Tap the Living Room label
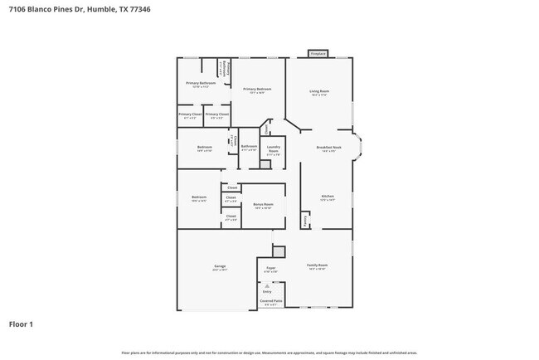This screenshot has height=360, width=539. click(319, 93)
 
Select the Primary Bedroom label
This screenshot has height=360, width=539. click(257, 90)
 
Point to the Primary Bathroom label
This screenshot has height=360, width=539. click(201, 84)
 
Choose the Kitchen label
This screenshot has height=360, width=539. click(327, 198)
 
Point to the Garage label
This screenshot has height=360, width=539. click(219, 269)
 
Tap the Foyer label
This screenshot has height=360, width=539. click(270, 269)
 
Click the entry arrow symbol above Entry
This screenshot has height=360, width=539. click(267, 285)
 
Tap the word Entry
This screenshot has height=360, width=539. click(267, 292)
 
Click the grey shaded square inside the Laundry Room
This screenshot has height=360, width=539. click(265, 164)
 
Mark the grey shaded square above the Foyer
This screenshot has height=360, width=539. click(279, 251)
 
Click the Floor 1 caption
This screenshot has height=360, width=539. click(21, 324)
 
